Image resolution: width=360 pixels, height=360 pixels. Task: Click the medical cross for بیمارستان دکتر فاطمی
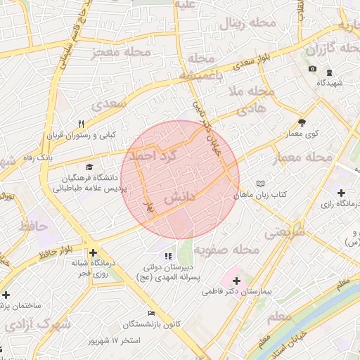236,281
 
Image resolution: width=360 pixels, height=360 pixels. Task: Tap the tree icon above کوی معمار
302,121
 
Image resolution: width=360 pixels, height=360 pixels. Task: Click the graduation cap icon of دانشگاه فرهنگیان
89,167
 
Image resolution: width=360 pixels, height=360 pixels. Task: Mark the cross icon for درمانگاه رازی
341,193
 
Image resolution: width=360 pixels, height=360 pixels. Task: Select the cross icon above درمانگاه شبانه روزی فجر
93,252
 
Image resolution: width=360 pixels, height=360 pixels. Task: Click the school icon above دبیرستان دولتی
167,257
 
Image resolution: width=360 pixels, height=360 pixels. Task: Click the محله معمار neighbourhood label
304,157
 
